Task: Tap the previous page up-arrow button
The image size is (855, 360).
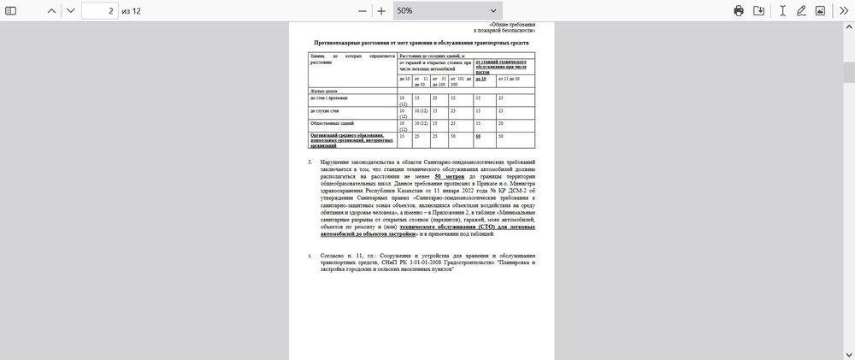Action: click(52, 11)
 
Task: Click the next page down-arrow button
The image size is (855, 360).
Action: click(71, 11)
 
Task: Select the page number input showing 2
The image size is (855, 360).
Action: click(101, 11)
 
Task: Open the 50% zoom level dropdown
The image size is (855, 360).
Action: click(448, 11)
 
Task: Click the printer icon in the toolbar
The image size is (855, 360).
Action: click(739, 11)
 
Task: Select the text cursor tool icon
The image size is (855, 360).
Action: click(781, 11)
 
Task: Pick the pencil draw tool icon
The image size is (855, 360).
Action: click(801, 11)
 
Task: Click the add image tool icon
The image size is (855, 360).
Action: click(821, 11)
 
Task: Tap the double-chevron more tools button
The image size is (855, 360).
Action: click(843, 11)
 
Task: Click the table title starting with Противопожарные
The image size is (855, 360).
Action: click(422, 42)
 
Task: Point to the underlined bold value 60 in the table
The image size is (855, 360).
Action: click(479, 136)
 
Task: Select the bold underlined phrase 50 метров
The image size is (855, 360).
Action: click(449, 176)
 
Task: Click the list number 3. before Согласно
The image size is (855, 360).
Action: click(310, 256)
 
